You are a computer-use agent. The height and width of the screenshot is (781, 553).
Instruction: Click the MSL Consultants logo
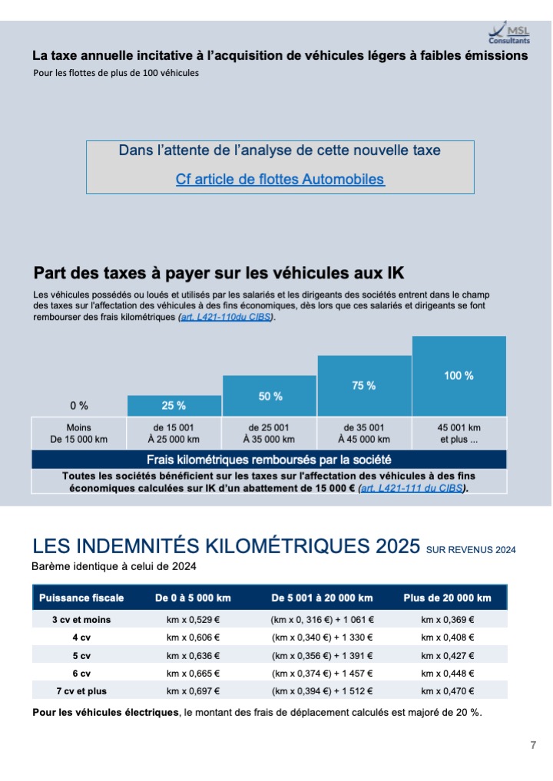point(509,33)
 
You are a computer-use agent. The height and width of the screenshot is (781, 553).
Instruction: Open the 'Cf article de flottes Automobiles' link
point(280,180)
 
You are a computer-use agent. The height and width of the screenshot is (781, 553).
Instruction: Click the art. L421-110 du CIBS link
point(226,318)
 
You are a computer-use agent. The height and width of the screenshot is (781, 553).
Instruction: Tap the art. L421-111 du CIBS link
point(412,488)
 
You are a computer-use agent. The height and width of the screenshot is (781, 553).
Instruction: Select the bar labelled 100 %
point(459,376)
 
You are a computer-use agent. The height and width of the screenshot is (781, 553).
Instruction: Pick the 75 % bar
point(364,386)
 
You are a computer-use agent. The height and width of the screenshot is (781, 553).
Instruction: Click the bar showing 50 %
point(270,395)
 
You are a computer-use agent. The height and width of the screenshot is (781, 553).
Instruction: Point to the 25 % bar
point(174,405)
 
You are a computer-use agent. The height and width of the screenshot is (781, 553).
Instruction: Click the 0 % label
point(79,405)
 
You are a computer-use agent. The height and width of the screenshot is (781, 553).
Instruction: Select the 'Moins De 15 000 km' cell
point(79,433)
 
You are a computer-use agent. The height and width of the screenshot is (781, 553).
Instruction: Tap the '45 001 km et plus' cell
point(459,433)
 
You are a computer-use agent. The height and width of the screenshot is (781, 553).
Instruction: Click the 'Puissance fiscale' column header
point(81,598)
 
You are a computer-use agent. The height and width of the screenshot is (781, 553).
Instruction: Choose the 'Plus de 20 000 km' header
point(447,598)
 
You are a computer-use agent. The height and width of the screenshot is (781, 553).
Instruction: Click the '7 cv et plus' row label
point(81,690)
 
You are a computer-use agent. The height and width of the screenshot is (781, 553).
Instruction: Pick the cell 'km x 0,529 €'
point(193,620)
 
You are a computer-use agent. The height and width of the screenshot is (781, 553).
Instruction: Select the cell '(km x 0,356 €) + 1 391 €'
point(322,655)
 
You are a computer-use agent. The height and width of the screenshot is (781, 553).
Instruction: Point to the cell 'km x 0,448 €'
point(447,674)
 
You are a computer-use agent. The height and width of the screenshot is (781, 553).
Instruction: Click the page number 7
point(533,745)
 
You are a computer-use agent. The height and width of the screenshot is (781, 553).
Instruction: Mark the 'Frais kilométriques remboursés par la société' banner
point(269,460)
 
